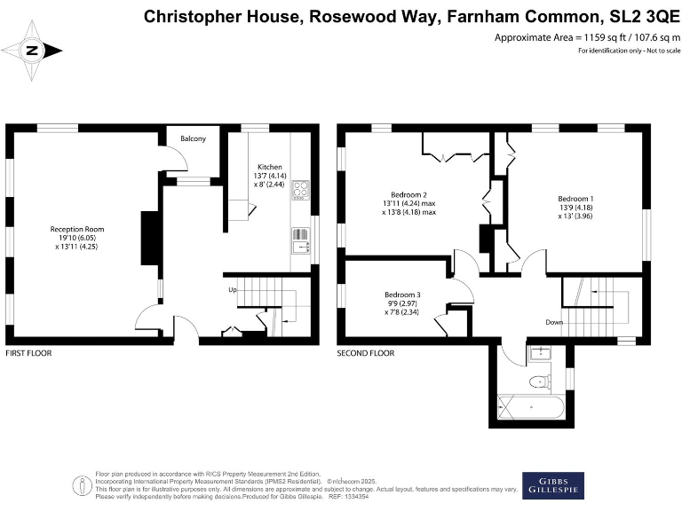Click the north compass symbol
click(32, 51)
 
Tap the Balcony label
click(194, 139)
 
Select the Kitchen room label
click(270, 167)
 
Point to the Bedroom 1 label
click(575, 198)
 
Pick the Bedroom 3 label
click(402, 295)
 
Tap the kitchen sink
click(299, 238)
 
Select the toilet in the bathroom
click(535, 381)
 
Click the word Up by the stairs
click(233, 289)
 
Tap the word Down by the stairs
click(555, 322)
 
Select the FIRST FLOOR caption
click(28, 353)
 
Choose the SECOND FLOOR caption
click(365, 353)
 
